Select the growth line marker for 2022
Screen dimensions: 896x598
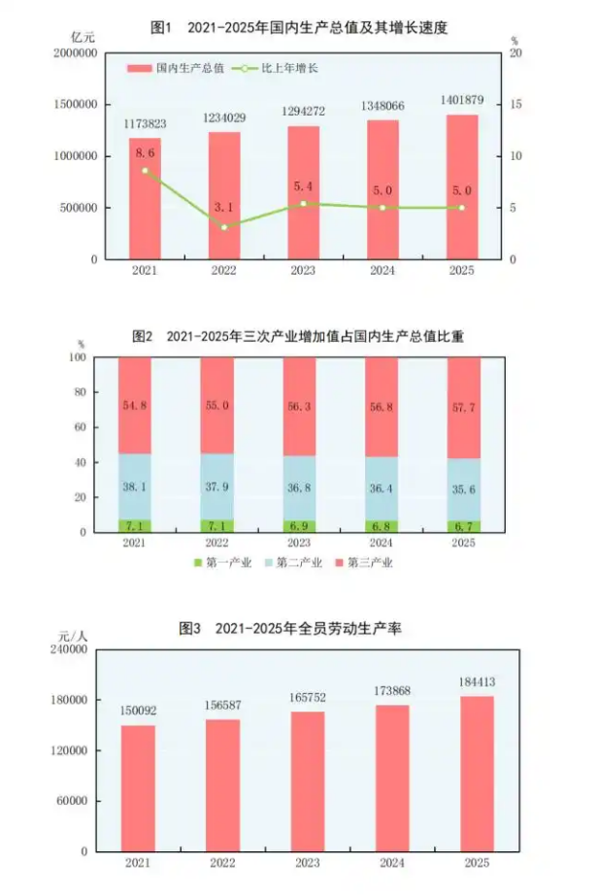(x=224, y=227)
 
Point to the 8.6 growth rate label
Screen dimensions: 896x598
(x=145, y=153)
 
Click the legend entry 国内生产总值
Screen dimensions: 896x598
(x=180, y=68)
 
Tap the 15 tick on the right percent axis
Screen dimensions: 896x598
(x=516, y=104)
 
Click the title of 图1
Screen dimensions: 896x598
(x=299, y=28)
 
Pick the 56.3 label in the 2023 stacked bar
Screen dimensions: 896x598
(x=300, y=410)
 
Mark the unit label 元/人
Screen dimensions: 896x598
(x=72, y=636)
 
